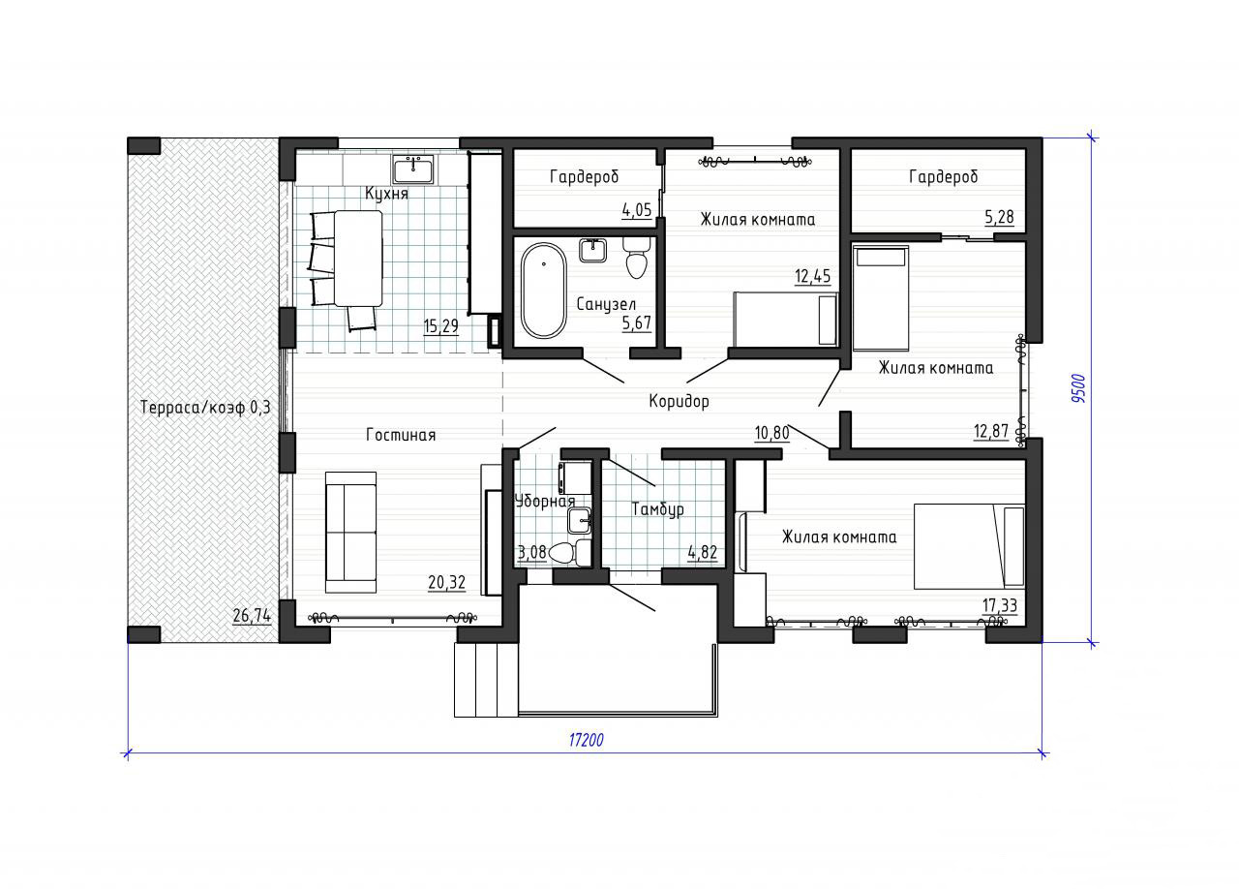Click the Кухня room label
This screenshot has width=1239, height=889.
pyautogui.click(x=386, y=193)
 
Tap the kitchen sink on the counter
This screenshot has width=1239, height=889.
pyautogui.click(x=413, y=169)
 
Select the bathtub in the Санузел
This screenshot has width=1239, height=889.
pyautogui.click(x=544, y=291)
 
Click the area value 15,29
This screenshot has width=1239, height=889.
pyautogui.click(x=440, y=326)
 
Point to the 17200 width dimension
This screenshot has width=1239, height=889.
pyautogui.click(x=587, y=740)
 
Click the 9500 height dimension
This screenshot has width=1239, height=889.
pyautogui.click(x=1079, y=388)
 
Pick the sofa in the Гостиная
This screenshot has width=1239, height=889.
pyautogui.click(x=350, y=533)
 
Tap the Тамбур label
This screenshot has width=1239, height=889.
pyautogui.click(x=657, y=508)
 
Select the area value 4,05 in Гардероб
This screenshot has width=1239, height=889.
pyautogui.click(x=637, y=210)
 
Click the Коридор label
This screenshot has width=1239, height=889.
pyautogui.click(x=679, y=401)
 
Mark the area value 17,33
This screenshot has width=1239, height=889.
pyautogui.click(x=1000, y=605)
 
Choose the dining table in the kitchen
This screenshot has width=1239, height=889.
pyautogui.click(x=358, y=258)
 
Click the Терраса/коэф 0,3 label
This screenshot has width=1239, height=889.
pyautogui.click(x=206, y=408)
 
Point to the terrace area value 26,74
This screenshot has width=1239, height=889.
pyautogui.click(x=252, y=615)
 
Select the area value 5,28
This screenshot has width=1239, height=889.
pyautogui.click(x=1000, y=216)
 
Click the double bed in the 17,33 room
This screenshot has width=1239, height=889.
pyautogui.click(x=969, y=546)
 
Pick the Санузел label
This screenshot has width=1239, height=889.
pyautogui.click(x=606, y=304)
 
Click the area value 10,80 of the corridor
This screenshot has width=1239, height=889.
pyautogui.click(x=772, y=432)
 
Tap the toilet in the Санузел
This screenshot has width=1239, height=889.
pyautogui.click(x=637, y=258)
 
